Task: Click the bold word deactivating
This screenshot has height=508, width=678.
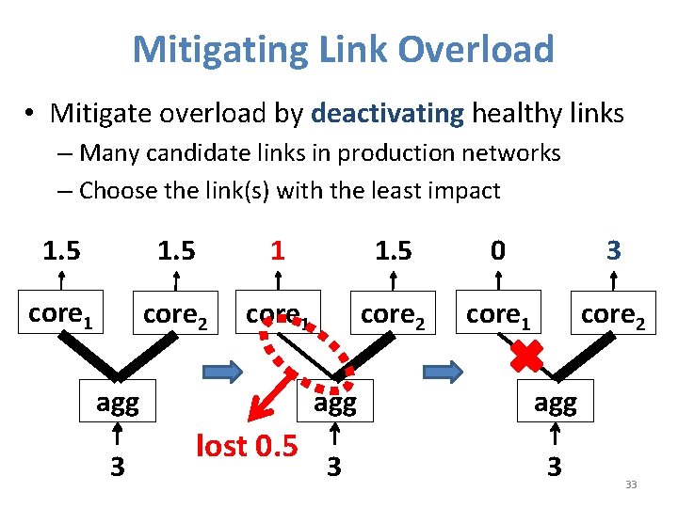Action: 387,114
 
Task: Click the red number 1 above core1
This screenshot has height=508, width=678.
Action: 277,250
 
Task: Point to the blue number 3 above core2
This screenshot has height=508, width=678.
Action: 613,250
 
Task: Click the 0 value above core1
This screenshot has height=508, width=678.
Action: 498,250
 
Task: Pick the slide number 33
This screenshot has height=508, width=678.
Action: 631,484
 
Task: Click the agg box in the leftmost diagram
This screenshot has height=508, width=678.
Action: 117,404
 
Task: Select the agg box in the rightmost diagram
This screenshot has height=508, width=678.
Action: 556,404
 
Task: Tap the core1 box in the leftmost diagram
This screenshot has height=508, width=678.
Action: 61,314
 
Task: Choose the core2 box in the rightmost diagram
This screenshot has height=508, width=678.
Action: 613,314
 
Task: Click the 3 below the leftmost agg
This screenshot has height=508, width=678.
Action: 117,466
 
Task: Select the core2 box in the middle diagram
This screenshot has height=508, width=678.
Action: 393,314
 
